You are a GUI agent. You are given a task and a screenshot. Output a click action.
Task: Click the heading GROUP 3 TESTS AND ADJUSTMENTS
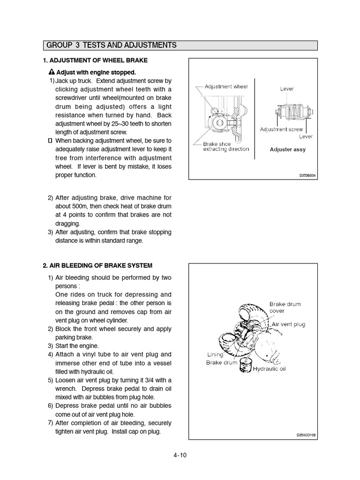coord(112,45)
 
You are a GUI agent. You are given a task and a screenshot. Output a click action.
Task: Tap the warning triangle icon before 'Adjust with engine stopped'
coord(52,73)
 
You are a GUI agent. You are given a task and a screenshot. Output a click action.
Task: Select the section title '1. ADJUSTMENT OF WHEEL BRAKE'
coord(95,60)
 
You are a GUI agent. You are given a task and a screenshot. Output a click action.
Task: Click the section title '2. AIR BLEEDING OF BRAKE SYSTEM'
coord(97,265)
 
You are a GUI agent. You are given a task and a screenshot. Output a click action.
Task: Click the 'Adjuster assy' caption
coord(287,150)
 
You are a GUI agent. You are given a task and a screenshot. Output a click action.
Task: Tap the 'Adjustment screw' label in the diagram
coord(281,129)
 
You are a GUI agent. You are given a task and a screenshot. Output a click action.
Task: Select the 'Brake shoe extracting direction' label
coord(225,147)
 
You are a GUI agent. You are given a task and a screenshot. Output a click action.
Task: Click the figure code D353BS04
coord(308,174)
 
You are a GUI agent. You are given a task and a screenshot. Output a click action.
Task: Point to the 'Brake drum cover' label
coord(285,307)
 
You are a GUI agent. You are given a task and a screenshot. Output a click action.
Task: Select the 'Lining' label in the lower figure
coord(215,354)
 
